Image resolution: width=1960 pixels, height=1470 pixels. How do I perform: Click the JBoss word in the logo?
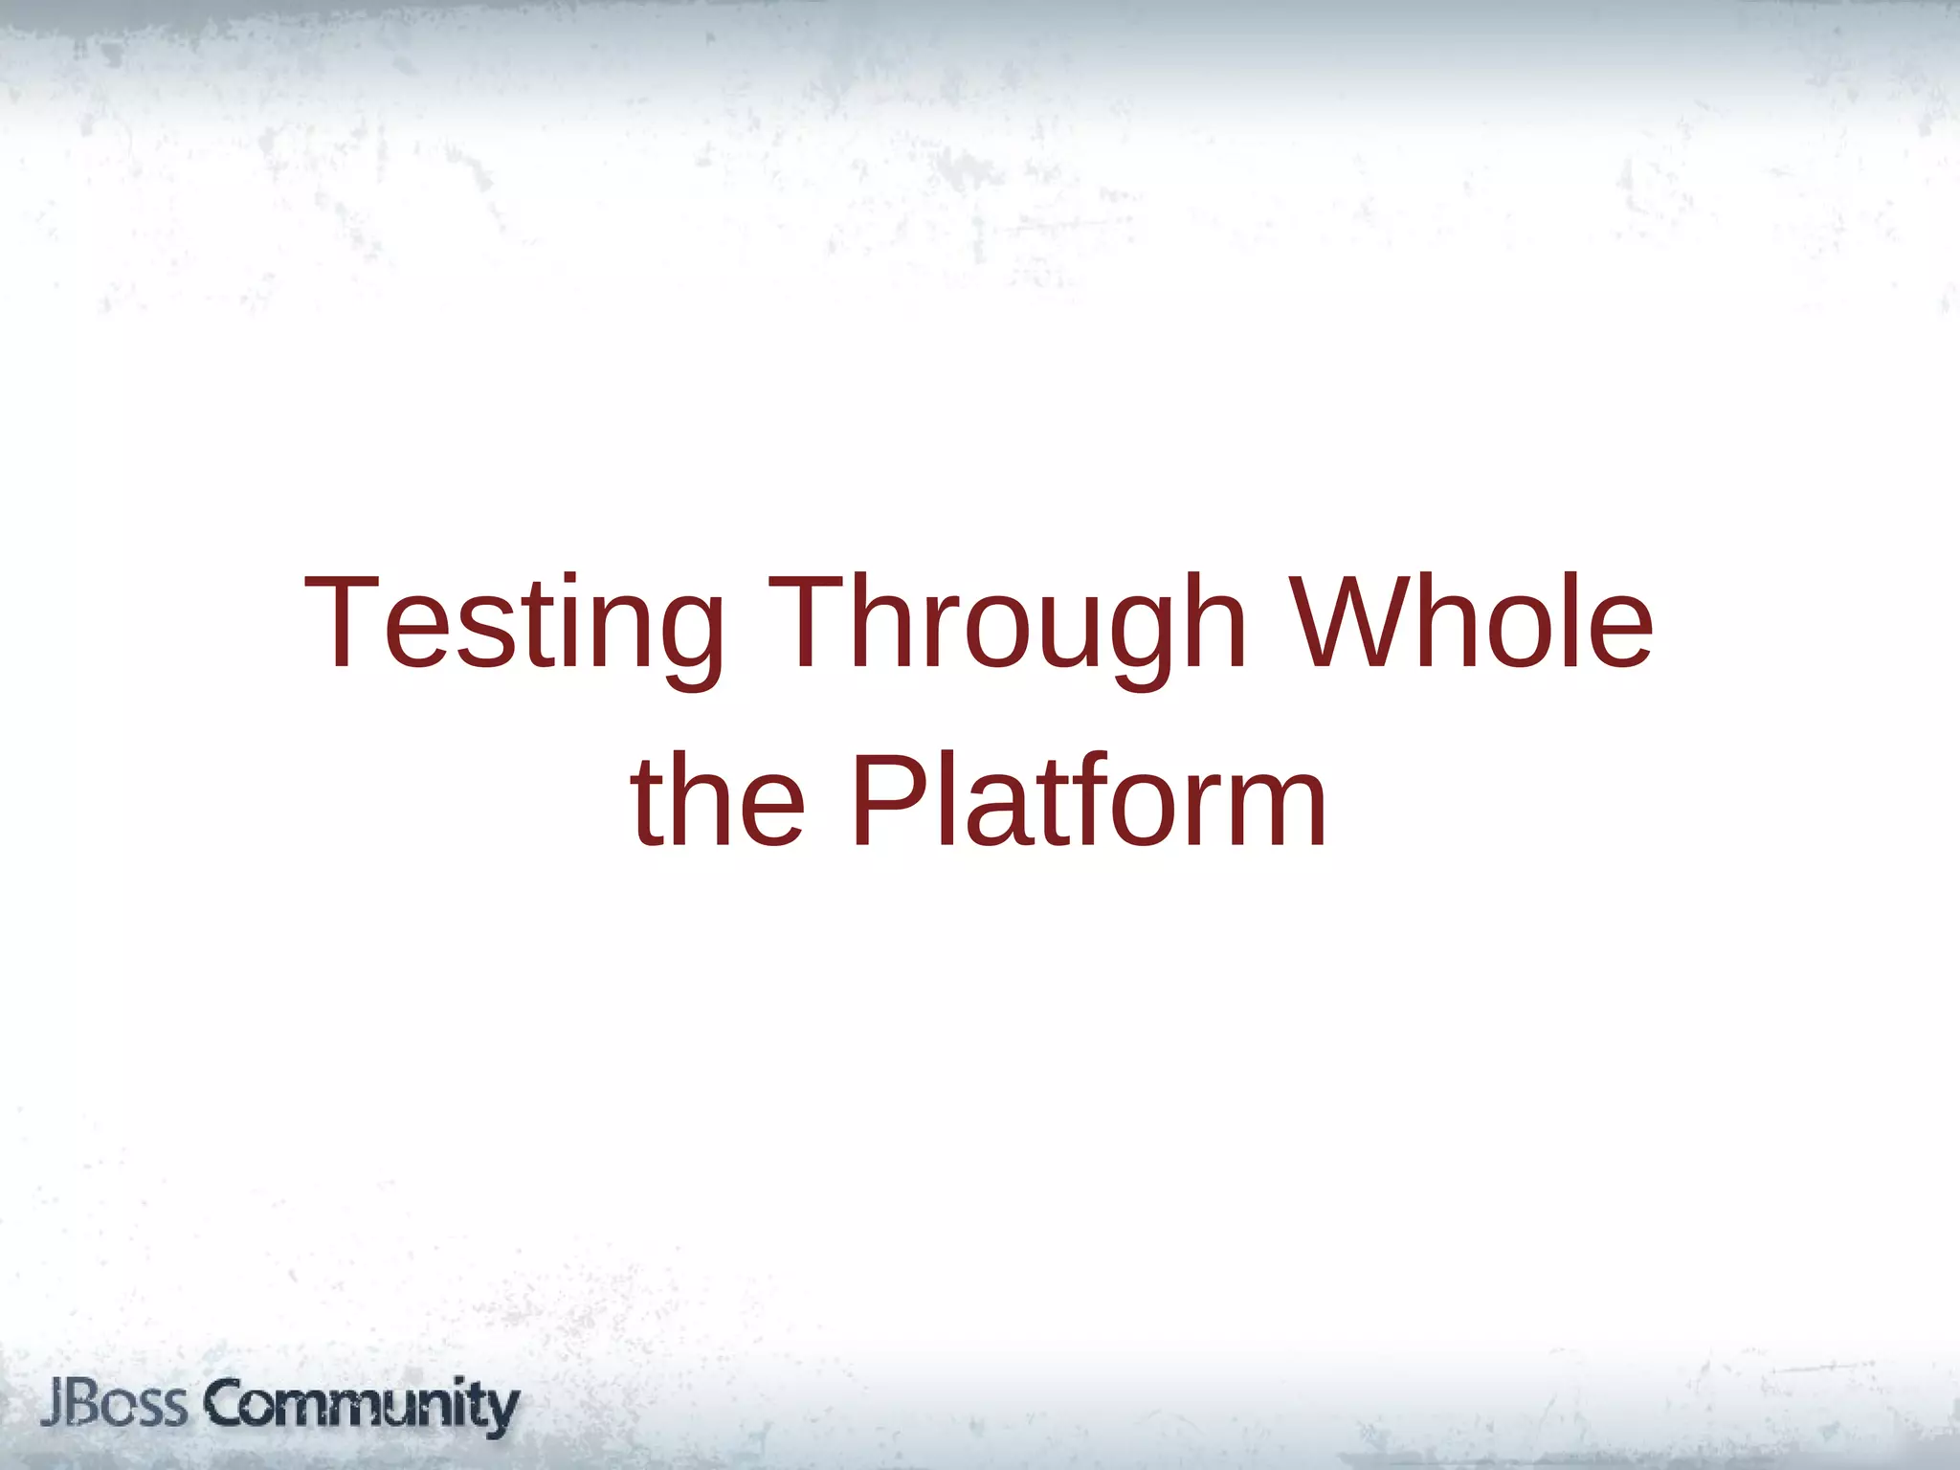tap(115, 1405)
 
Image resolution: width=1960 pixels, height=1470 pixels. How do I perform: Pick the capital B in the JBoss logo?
tap(85, 1404)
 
